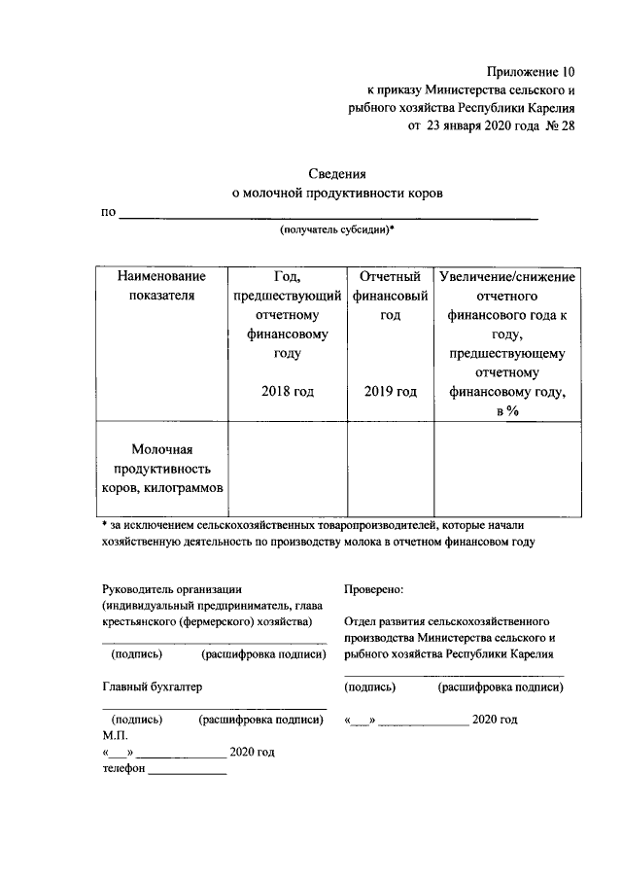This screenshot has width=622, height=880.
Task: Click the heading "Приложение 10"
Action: tap(529, 73)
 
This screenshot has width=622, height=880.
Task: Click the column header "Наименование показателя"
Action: tap(162, 287)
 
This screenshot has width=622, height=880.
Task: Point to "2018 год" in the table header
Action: tap(288, 392)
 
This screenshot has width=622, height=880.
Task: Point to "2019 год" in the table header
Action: tap(391, 392)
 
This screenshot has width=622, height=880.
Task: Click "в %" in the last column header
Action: tap(508, 411)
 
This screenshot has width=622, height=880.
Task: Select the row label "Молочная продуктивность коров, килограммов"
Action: tap(162, 468)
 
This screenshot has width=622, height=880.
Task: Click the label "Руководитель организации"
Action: tap(172, 589)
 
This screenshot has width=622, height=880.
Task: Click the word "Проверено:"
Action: tap(374, 589)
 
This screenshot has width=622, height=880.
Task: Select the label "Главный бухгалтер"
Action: tap(153, 686)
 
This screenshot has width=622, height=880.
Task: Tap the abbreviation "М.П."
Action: tap(115, 735)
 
